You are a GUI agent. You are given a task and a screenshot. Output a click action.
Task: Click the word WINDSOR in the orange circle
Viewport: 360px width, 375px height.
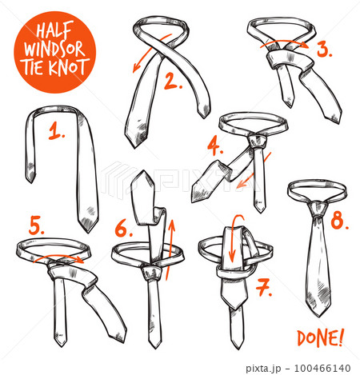[x=54, y=49]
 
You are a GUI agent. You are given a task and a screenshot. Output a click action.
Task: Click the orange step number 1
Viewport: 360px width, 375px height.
[x=56, y=130]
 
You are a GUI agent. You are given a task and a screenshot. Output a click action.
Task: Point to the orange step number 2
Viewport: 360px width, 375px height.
[x=174, y=81]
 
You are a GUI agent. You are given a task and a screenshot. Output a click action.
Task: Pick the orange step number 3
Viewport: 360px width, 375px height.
[x=325, y=50]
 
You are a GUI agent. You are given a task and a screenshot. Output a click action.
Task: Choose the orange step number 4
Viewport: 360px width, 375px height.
[x=215, y=147]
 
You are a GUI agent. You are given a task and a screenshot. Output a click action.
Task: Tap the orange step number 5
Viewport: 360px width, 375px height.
[x=37, y=225]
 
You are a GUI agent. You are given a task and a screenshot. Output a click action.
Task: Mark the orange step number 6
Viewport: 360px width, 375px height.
[x=124, y=229]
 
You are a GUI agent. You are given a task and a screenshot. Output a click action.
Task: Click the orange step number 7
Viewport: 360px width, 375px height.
[x=264, y=288]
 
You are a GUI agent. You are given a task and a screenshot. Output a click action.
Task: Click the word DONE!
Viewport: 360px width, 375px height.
[x=321, y=337]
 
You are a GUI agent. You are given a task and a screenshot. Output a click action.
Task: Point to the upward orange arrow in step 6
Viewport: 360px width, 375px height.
[x=170, y=249]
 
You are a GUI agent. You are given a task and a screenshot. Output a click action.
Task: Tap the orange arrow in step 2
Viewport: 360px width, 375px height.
[x=151, y=52]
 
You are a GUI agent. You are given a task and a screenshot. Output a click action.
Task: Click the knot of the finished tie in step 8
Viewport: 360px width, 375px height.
[x=318, y=209]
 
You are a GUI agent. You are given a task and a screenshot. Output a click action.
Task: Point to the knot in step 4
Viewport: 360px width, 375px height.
[x=257, y=142]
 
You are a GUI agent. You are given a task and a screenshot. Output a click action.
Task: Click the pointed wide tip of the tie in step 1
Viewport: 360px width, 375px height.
[x=87, y=226]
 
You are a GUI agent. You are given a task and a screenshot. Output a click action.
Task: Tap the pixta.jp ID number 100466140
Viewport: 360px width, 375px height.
[x=322, y=368]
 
